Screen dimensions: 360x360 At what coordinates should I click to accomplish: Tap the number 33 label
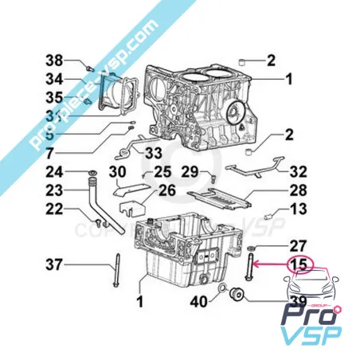click(154, 152)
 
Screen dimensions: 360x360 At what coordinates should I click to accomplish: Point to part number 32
click(298, 170)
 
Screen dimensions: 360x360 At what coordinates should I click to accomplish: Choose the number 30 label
click(116, 173)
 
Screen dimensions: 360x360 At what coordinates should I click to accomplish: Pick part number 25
click(162, 173)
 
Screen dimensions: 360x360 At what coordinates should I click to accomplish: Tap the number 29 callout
click(189, 173)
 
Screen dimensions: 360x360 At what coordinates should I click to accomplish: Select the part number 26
click(166, 190)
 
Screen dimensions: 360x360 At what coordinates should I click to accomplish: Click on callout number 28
click(298, 190)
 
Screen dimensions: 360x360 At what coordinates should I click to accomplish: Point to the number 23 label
click(53, 190)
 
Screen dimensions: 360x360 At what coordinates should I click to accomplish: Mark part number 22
click(53, 209)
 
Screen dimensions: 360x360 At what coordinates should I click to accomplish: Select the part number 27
click(298, 245)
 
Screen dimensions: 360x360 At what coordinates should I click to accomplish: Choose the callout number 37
click(53, 264)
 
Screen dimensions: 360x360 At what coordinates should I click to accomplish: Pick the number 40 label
click(198, 301)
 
